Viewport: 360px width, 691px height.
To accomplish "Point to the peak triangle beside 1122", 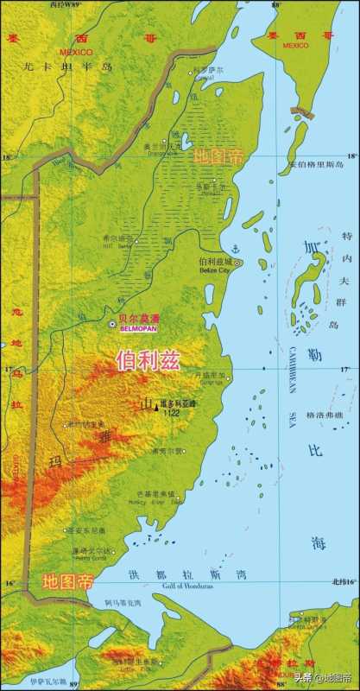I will [155, 407].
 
